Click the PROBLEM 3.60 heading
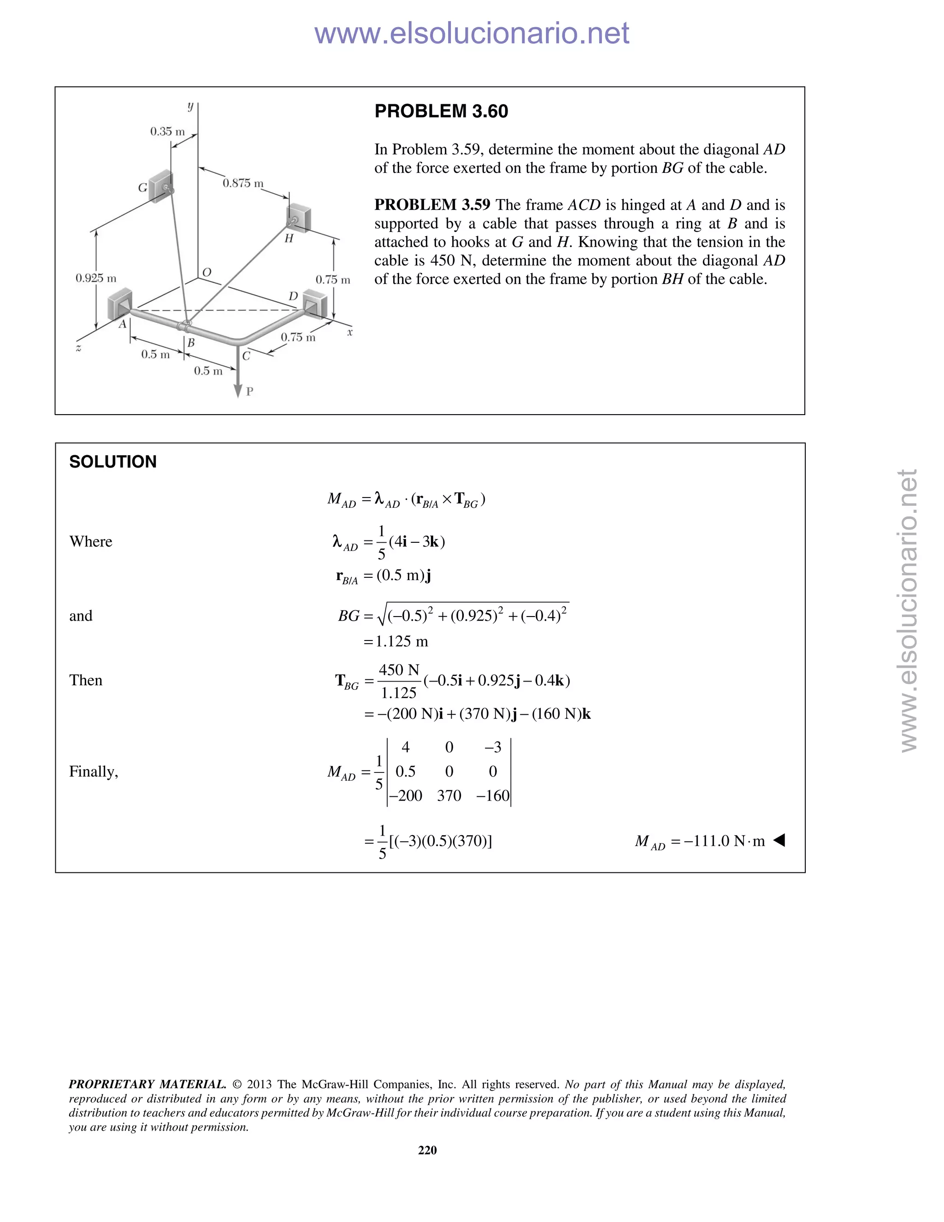[x=441, y=111]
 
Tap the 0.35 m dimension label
[x=167, y=131]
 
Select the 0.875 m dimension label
[x=243, y=183]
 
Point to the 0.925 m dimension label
[x=95, y=278]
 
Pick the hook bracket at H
[x=299, y=218]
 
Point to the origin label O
[x=206, y=273]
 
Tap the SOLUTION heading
[x=112, y=462]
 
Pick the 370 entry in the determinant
[x=448, y=795]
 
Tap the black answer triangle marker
[x=779, y=840]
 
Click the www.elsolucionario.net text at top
[x=472, y=33]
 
